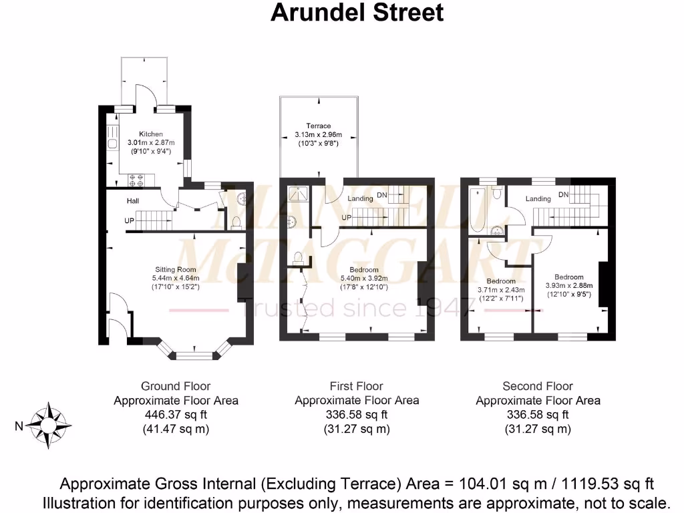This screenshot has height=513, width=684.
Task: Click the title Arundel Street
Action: point(357,13)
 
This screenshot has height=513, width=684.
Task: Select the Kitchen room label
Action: point(150,134)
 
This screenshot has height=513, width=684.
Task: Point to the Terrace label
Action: point(319,126)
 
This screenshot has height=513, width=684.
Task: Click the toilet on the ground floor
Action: point(234,221)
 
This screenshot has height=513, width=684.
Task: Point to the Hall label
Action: point(133,200)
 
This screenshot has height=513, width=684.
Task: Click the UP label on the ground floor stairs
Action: point(129,220)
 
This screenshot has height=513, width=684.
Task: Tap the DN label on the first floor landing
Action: point(382,195)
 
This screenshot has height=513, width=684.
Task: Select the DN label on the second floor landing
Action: point(563,194)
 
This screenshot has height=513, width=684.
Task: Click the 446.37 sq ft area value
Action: point(176,415)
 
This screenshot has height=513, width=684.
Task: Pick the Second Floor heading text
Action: point(538,386)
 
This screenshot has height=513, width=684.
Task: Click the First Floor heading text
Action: point(357,386)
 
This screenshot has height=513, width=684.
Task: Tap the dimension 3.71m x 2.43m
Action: point(501,290)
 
